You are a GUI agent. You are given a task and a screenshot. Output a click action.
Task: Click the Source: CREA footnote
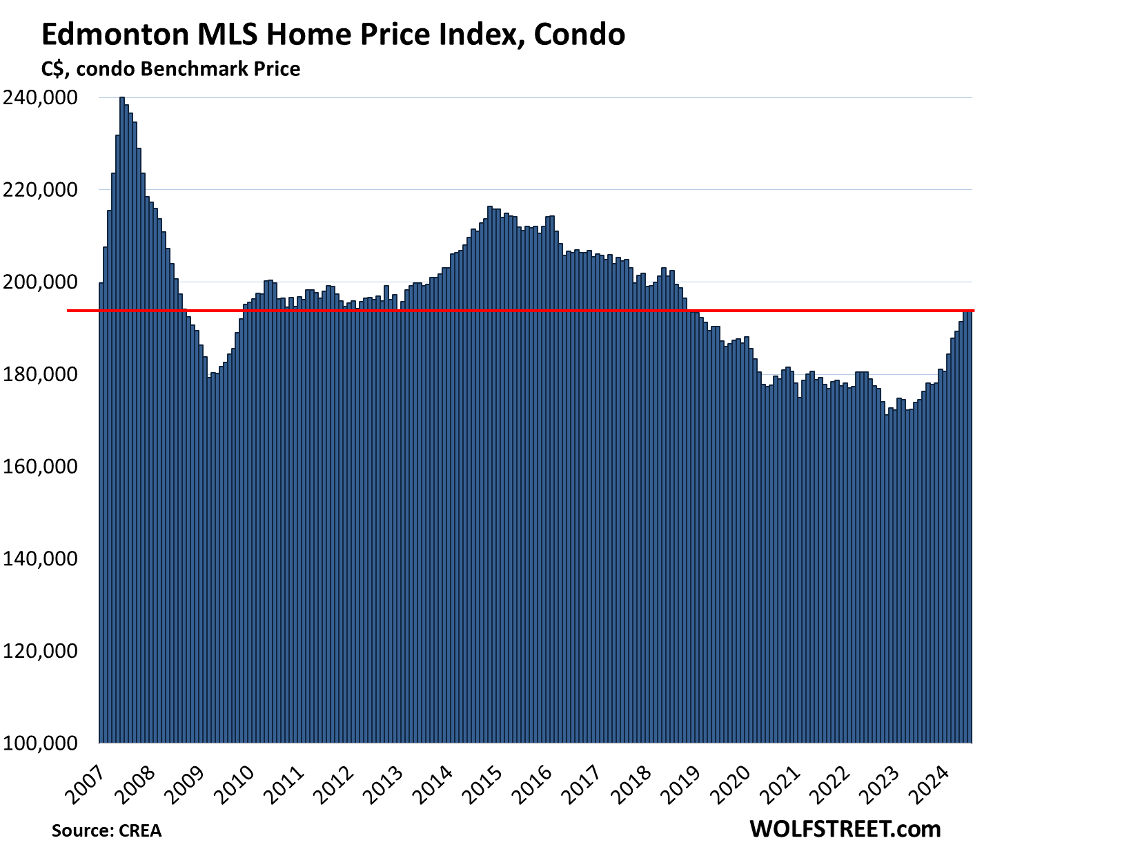click(x=106, y=830)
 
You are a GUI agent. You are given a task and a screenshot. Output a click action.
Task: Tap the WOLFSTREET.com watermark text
click(x=845, y=828)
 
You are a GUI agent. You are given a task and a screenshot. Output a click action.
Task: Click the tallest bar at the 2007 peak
click(x=122, y=414)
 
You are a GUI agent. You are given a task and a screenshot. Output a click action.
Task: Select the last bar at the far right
click(x=970, y=525)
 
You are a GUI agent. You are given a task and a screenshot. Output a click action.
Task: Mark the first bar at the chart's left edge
click(x=101, y=511)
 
